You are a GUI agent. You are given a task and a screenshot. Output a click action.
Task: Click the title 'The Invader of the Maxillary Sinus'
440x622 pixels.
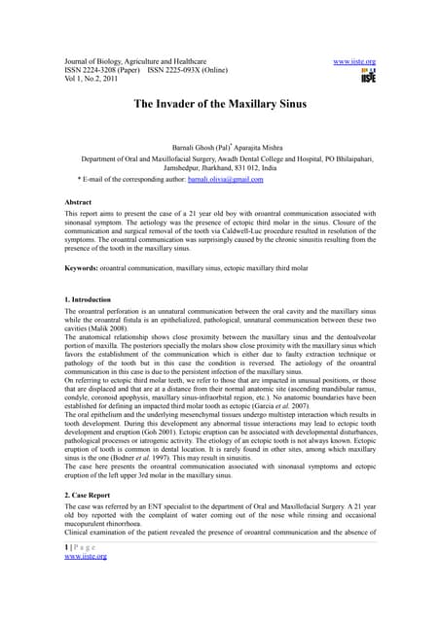click(219, 102)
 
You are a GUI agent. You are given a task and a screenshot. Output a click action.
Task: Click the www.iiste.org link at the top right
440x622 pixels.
click(354, 60)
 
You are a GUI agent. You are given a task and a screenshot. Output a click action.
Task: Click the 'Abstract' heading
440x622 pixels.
click(83, 200)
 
